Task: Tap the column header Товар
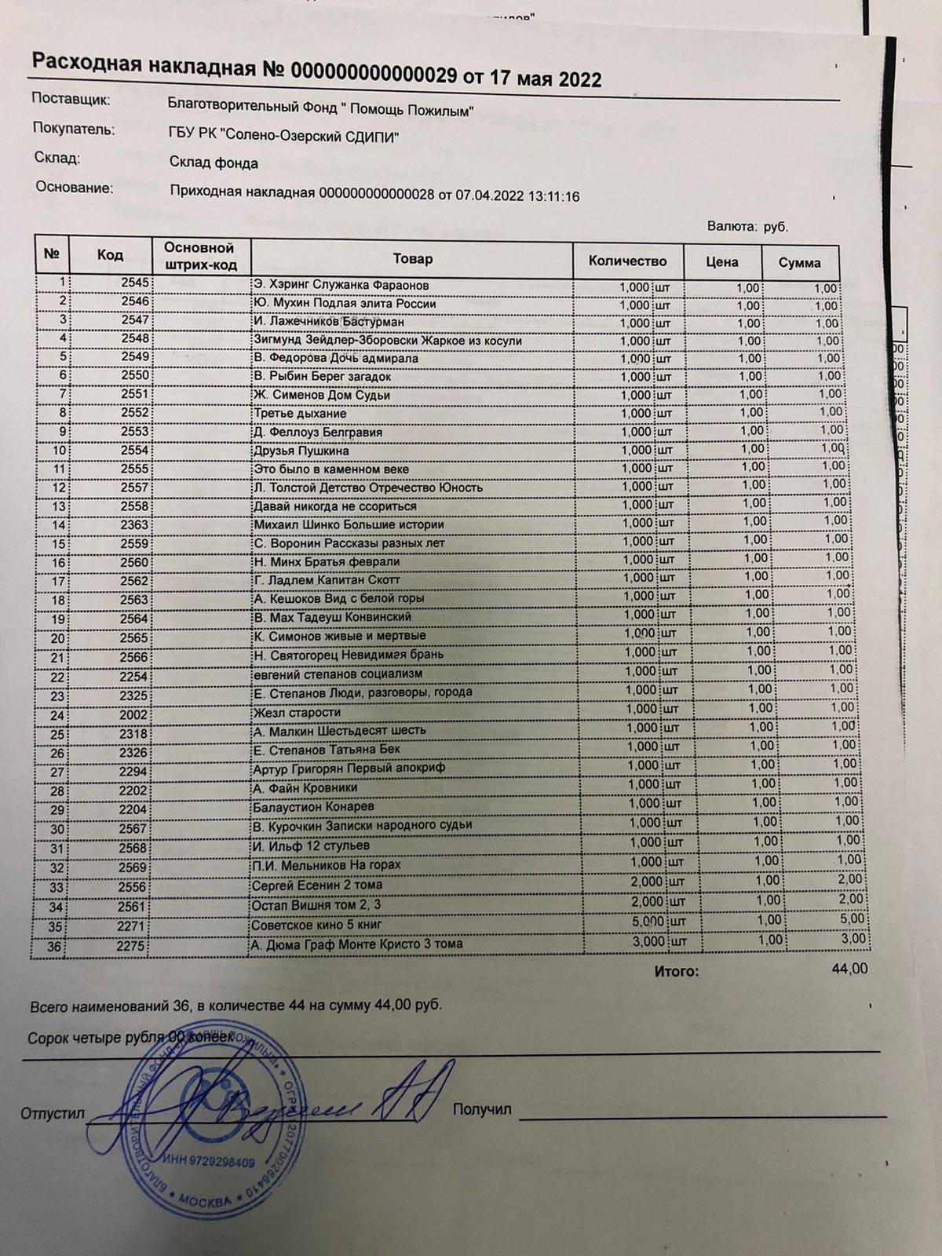click(x=413, y=258)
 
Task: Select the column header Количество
click(x=627, y=261)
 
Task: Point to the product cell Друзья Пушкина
click(x=301, y=451)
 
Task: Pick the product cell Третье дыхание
click(x=299, y=414)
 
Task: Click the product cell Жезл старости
click(x=297, y=712)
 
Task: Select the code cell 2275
click(x=130, y=946)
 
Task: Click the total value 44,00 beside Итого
click(x=849, y=969)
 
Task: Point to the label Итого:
click(x=676, y=971)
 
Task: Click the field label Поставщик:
click(x=71, y=100)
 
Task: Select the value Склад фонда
click(x=214, y=162)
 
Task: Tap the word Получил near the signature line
click(x=482, y=1109)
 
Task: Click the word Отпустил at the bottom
click(x=53, y=1113)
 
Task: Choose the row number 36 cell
click(x=53, y=947)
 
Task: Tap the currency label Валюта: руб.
click(x=747, y=227)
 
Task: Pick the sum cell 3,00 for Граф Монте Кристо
click(x=853, y=939)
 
